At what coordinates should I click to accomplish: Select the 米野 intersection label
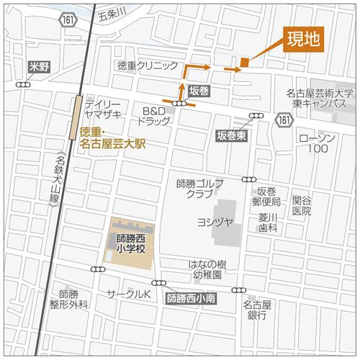37,66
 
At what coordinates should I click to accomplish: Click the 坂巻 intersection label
199,91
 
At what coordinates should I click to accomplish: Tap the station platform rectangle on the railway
75,118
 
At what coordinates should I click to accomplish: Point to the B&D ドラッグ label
155,117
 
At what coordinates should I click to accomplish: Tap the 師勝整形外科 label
69,300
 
